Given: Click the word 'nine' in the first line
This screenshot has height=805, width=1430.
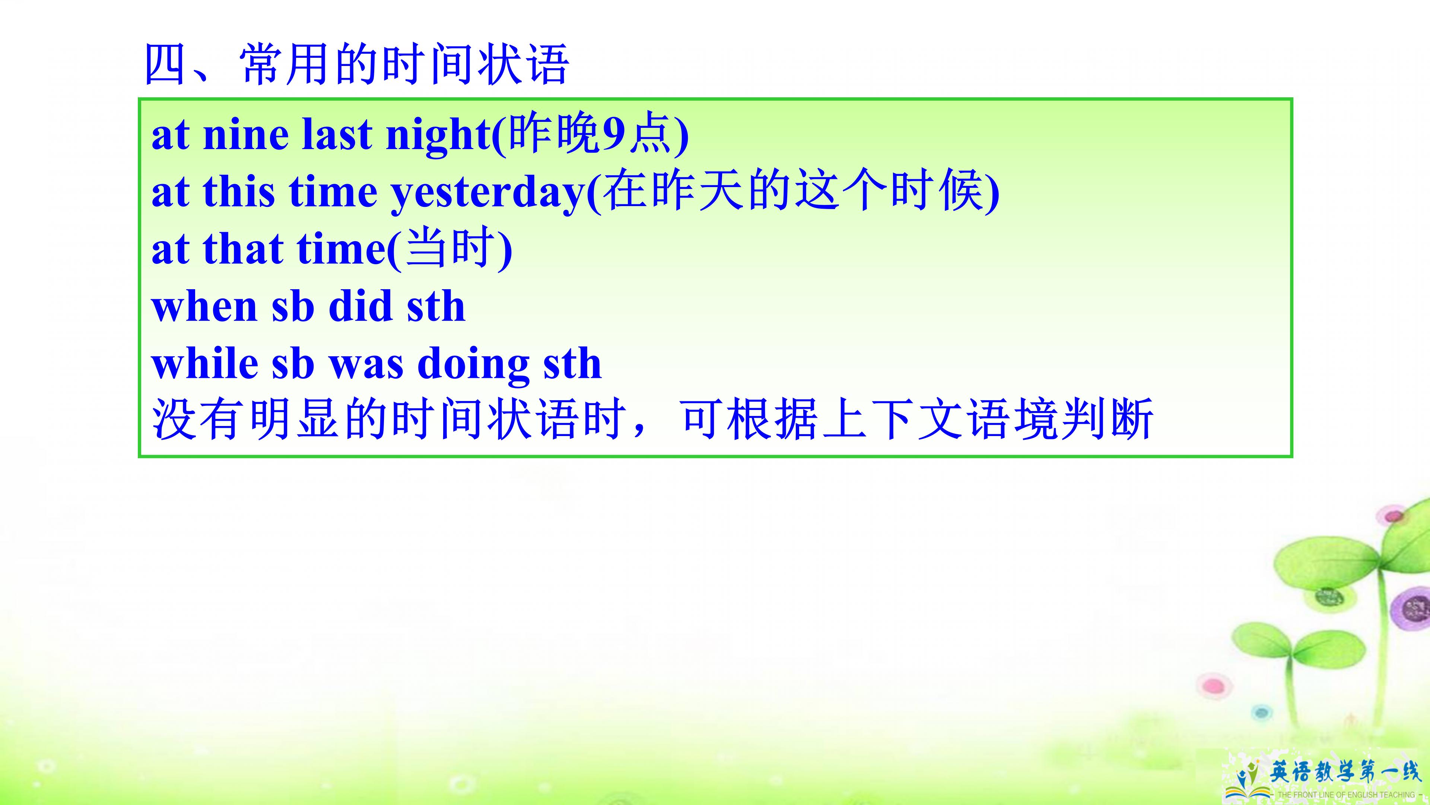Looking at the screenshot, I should [246, 135].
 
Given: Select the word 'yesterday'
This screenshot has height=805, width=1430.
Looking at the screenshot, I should [487, 193].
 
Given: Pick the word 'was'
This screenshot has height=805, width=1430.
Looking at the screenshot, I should [366, 364].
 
